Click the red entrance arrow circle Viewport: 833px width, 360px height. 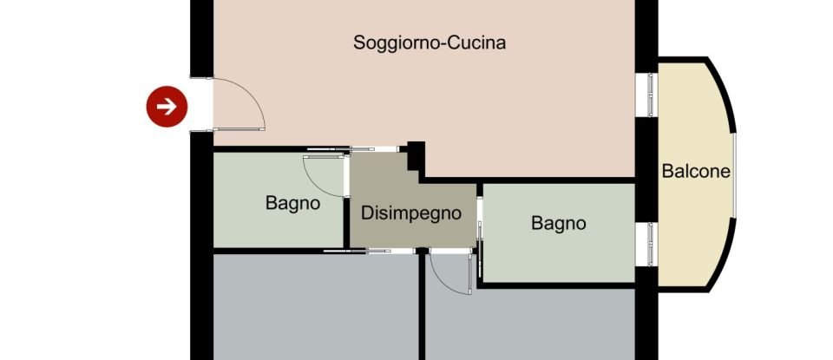[166, 106]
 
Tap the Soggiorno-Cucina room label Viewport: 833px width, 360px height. [430, 43]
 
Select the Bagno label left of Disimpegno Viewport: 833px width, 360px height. [292, 204]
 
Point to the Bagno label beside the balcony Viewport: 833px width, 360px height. [558, 223]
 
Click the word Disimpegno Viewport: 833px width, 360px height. [410, 213]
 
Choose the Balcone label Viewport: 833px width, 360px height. [696, 171]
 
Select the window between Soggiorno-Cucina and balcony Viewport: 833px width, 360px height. [646, 94]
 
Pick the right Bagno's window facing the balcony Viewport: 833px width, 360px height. [646, 245]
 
